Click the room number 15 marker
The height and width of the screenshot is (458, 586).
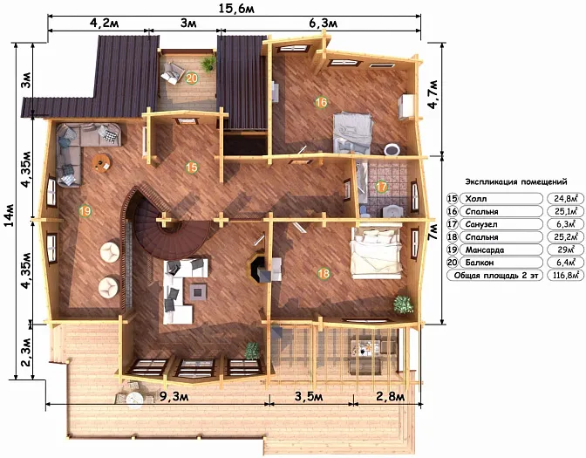point(191,167)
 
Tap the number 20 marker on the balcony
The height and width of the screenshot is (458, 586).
point(191,79)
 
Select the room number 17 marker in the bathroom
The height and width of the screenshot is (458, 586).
point(381,187)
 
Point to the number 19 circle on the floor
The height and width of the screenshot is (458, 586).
point(85,211)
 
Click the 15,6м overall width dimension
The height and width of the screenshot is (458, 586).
point(236,8)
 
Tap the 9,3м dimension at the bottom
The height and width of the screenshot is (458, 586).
point(174,396)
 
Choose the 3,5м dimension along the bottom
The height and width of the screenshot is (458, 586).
point(309,396)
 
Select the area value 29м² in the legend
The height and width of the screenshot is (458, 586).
point(565,250)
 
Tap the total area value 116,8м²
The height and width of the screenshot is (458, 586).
point(565,275)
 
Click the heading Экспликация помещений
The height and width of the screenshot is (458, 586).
point(516,181)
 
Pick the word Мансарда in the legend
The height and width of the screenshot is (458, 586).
point(484,250)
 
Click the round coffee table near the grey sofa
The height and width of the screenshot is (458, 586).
point(102,162)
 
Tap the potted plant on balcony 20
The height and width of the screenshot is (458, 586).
point(208,64)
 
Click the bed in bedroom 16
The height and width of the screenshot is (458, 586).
point(353,133)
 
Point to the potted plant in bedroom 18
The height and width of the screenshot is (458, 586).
point(403,304)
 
